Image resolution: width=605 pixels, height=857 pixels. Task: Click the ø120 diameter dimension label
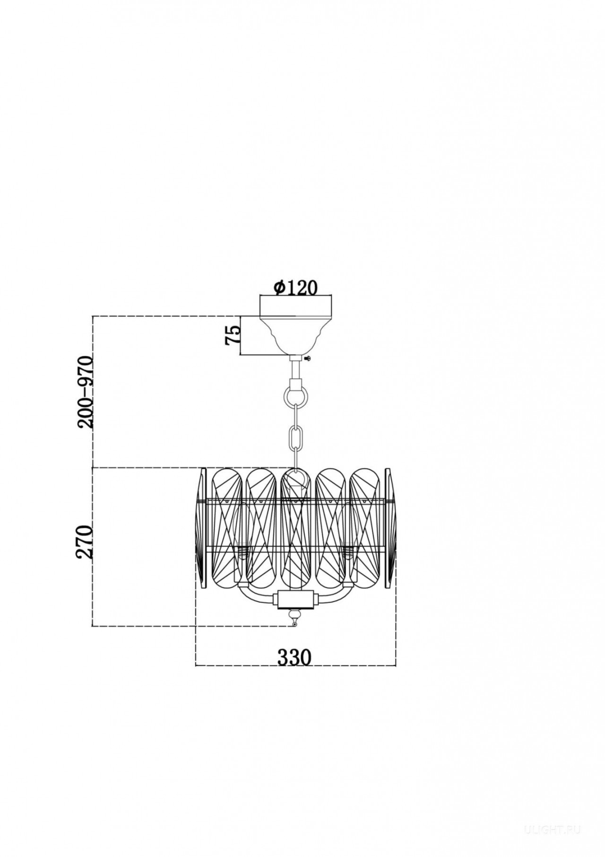point(296,287)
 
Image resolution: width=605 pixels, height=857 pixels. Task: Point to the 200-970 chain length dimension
point(86,392)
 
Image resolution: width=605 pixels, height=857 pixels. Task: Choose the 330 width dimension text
point(294,657)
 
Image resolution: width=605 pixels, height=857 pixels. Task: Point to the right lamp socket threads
point(349,551)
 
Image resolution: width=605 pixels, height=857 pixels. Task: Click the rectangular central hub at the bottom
point(296,600)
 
